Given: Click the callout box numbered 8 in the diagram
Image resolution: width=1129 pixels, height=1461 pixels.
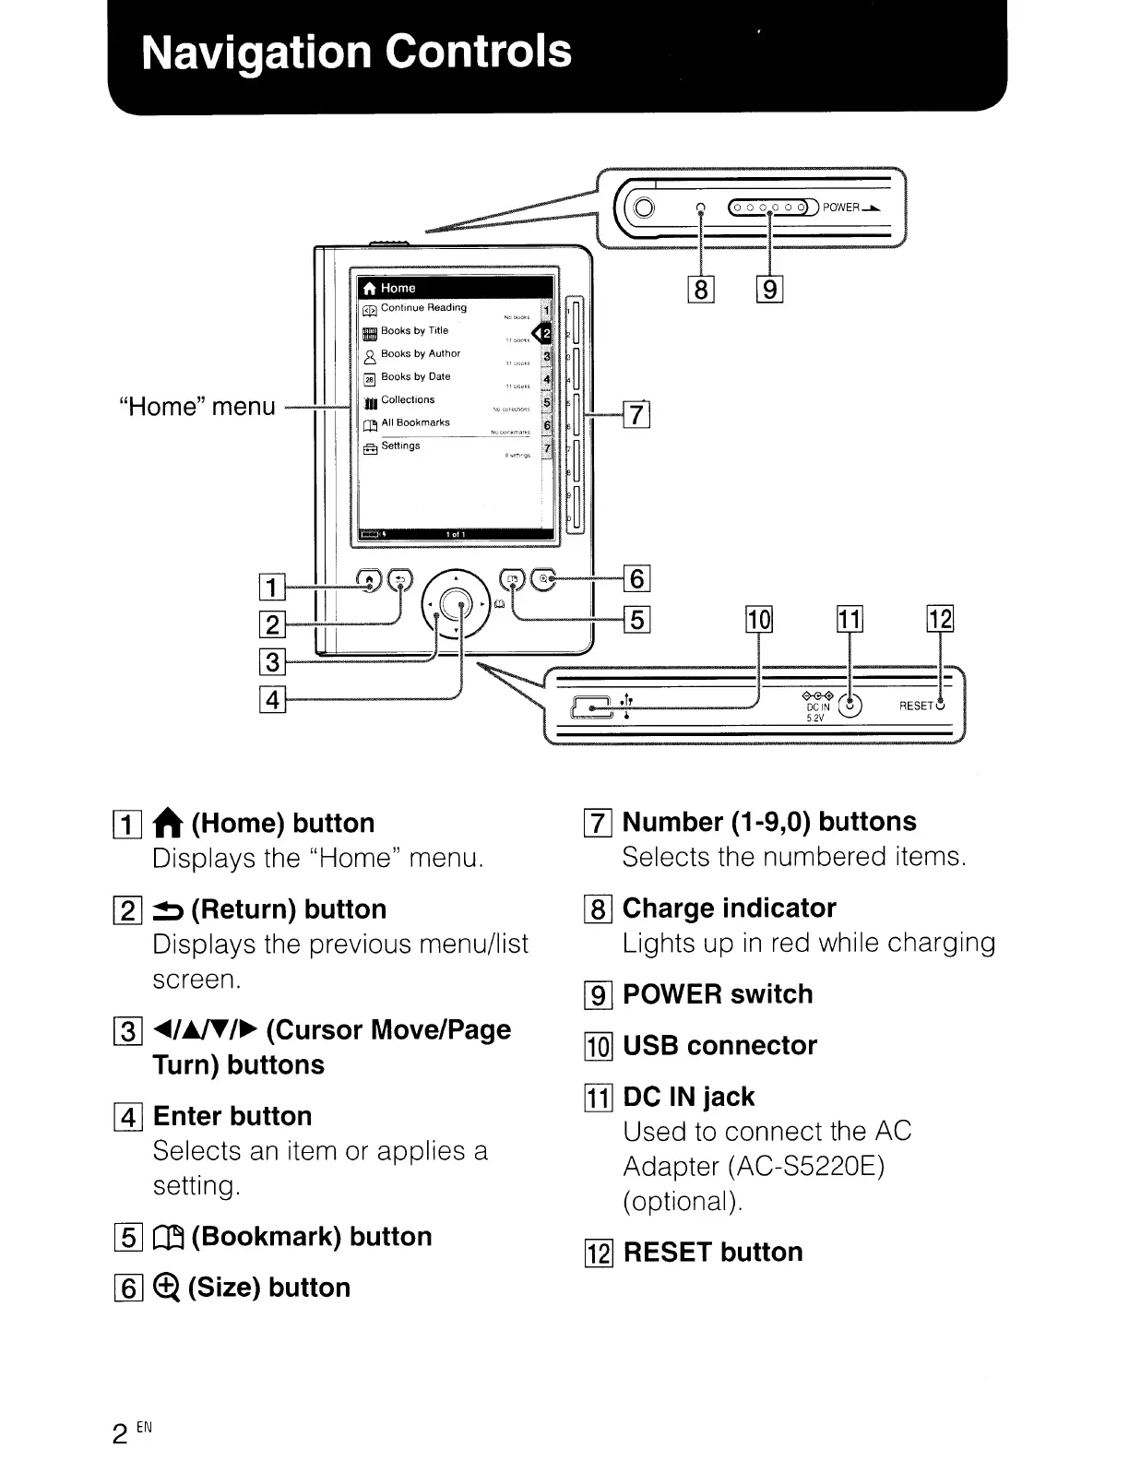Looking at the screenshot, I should [701, 291].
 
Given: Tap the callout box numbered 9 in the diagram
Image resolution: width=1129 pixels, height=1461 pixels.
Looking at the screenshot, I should [769, 291].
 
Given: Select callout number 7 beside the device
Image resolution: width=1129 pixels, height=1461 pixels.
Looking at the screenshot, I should [638, 416].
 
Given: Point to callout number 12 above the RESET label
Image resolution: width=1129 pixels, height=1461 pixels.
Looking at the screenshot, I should [940, 619].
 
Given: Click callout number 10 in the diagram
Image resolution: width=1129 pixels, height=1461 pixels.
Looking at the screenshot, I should [758, 619].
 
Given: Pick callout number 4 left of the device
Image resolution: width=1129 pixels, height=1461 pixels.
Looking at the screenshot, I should [272, 700].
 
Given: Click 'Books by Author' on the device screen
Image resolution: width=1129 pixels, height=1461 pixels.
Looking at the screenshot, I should [420, 353].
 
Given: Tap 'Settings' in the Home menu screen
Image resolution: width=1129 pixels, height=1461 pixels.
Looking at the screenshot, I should [400, 445].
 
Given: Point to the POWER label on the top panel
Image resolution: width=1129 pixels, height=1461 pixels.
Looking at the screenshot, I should [840, 208].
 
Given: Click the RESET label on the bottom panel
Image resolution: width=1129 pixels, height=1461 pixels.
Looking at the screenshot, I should [916, 707].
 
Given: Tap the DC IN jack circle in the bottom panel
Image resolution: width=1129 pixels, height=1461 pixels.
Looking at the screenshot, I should [850, 706].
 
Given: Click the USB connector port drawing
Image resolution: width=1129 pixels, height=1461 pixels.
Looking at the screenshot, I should [591, 707].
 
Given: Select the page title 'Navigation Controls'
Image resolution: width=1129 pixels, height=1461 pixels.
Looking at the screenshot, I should [357, 51].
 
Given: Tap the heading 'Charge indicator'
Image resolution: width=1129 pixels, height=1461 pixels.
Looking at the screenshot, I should [729, 909].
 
